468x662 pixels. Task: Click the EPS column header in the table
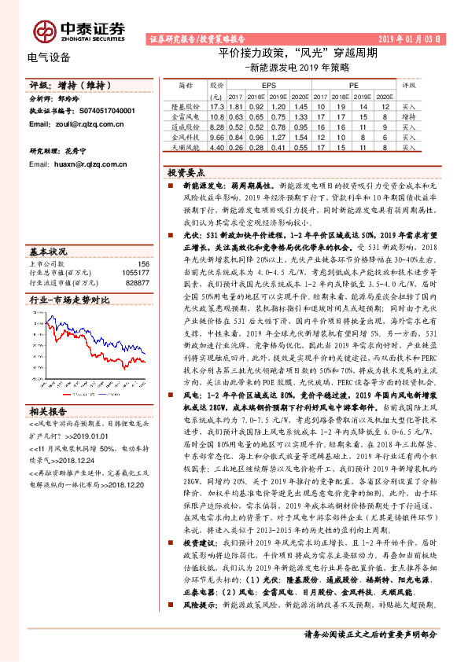click(x=268, y=83)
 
